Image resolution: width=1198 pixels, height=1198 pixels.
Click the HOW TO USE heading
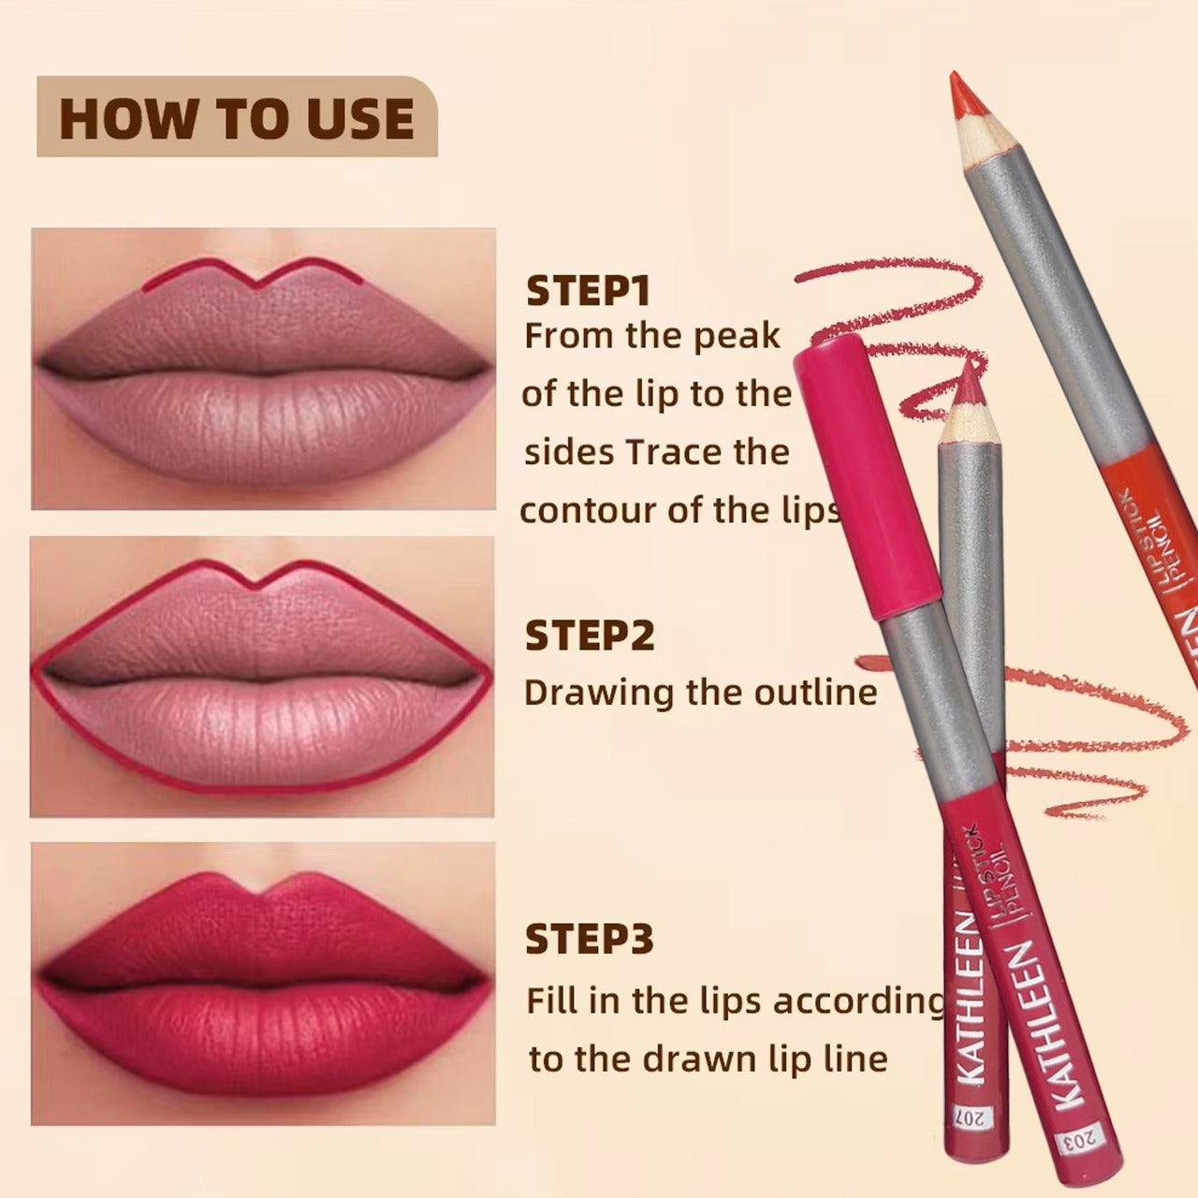click(x=237, y=118)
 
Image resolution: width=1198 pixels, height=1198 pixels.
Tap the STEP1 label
click(x=588, y=291)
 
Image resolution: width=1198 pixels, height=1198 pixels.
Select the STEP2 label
click(x=590, y=636)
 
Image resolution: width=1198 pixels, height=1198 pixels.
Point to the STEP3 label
click(x=590, y=939)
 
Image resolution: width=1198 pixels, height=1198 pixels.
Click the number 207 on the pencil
click(x=965, y=1117)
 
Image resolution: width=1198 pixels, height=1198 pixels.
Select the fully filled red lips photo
click(x=263, y=983)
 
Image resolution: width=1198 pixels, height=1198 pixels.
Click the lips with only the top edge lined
click(x=263, y=369)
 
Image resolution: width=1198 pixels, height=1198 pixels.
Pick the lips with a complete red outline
click(x=263, y=677)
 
